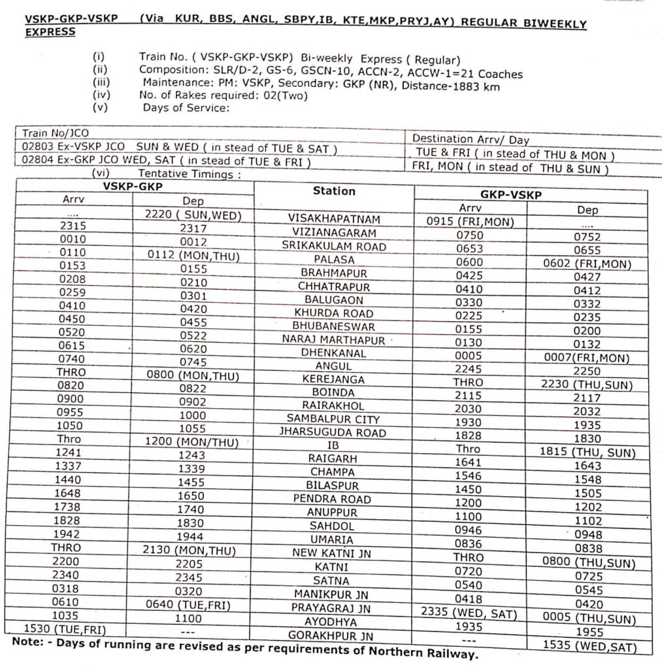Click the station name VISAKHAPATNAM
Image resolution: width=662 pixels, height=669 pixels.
(333, 219)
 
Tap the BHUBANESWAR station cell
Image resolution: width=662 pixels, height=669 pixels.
(333, 325)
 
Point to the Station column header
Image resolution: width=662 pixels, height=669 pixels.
(334, 191)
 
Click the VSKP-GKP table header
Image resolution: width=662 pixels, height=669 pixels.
(134, 186)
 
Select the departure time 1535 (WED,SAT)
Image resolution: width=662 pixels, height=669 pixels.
(588, 646)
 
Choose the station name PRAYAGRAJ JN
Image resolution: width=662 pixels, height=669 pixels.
(331, 608)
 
